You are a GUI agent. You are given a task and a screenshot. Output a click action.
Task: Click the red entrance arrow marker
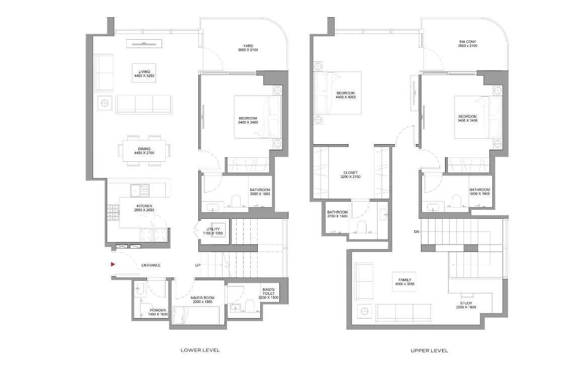[x=113, y=265]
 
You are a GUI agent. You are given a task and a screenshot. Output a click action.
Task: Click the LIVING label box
[x=144, y=73]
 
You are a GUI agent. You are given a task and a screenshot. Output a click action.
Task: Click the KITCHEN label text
[x=144, y=206]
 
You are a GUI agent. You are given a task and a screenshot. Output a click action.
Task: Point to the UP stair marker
[x=198, y=265]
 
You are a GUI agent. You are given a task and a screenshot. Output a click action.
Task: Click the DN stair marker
[x=416, y=232]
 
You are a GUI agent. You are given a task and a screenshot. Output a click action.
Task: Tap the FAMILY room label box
[x=404, y=282]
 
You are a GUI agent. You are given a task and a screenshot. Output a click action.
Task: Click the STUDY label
[x=466, y=303]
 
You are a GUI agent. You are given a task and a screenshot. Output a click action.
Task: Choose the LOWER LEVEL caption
[x=200, y=350]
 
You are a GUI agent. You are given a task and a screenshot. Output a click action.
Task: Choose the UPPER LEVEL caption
[x=429, y=350]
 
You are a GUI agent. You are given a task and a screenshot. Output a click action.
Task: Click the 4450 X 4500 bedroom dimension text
[x=345, y=97]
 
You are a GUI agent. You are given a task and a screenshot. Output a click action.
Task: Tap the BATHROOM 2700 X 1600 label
[x=337, y=214]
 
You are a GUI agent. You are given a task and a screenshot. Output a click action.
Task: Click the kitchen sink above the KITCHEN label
[x=140, y=191]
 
